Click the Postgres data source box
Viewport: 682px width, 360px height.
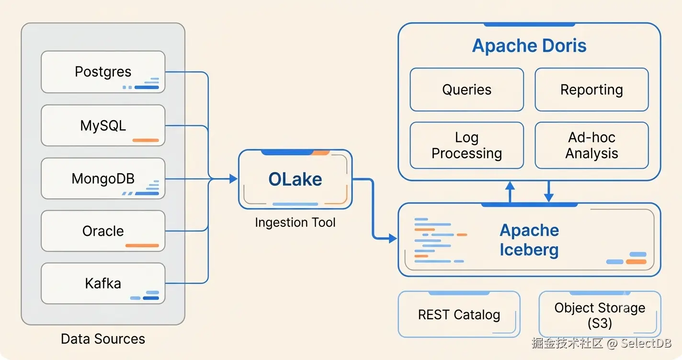[x=103, y=72]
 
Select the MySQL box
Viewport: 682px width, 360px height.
[x=103, y=125]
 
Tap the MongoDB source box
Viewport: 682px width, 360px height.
[x=103, y=179]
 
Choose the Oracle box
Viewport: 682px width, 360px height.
[x=103, y=231]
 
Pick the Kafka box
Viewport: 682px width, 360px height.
[x=103, y=283]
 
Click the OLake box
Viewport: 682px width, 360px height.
[x=296, y=179]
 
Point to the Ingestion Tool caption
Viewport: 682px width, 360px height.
[x=296, y=223]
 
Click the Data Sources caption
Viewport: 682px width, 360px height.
[x=103, y=339]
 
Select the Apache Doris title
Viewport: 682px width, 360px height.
[x=529, y=45]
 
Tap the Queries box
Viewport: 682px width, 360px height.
[x=467, y=90]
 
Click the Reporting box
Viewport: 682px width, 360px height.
[x=591, y=90]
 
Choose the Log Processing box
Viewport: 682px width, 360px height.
[x=467, y=146]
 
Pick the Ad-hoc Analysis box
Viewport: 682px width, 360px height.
[x=591, y=146]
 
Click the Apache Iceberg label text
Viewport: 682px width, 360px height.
[x=529, y=240]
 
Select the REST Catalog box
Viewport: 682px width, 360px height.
[x=459, y=315]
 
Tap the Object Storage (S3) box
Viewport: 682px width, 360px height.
[x=600, y=315]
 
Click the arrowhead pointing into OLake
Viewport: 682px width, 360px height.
[x=234, y=179]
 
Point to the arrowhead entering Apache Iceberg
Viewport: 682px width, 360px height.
[x=393, y=238]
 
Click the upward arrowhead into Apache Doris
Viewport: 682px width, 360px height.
[x=510, y=186]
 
